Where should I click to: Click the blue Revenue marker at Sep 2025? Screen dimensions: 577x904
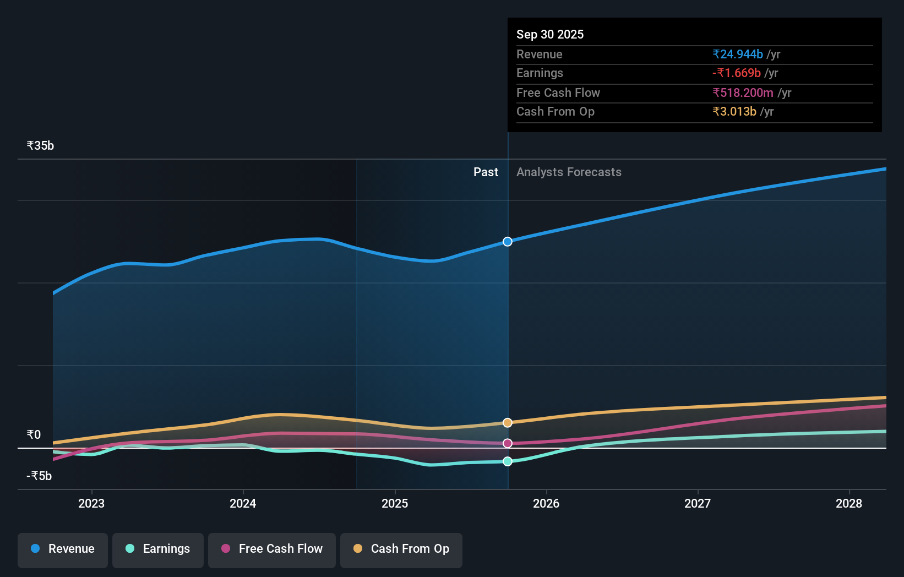click(508, 242)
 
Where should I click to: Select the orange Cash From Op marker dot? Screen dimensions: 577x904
click(508, 423)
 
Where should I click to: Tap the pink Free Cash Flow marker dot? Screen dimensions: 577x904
click(508, 443)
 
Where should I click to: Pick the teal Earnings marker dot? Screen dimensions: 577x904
click(508, 461)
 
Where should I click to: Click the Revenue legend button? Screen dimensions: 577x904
click(63, 549)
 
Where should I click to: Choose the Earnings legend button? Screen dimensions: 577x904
click(158, 549)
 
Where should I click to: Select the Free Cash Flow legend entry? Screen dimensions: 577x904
click(272, 549)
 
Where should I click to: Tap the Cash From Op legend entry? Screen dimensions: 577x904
click(401, 549)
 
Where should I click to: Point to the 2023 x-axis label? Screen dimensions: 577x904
click(91, 504)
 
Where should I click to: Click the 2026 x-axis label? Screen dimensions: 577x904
click(546, 504)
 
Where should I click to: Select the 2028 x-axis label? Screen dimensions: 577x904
click(849, 504)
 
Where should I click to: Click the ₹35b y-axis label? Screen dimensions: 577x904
click(40, 146)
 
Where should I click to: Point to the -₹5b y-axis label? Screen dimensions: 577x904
click(39, 476)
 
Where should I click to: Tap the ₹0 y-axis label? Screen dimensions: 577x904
click(34, 435)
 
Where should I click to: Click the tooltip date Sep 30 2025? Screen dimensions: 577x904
click(550, 35)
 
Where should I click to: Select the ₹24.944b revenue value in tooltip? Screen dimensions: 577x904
click(737, 55)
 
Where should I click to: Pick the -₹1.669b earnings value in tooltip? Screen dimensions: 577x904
click(736, 73)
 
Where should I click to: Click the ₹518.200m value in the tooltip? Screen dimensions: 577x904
click(743, 93)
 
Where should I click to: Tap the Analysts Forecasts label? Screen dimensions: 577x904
click(569, 172)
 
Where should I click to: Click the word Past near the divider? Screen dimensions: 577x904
click(486, 172)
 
